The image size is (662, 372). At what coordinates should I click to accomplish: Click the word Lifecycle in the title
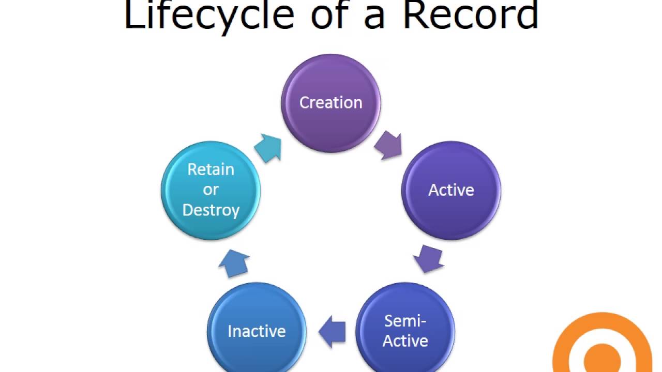click(x=209, y=15)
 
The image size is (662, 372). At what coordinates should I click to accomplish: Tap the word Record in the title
click(x=471, y=15)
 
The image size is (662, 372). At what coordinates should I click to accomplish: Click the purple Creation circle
click(x=331, y=103)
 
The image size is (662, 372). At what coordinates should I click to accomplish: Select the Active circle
click(x=451, y=191)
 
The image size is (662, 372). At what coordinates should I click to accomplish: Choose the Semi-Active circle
click(x=405, y=327)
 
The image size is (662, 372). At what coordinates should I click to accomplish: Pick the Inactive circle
click(x=257, y=327)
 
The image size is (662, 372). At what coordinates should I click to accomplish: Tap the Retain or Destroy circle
click(x=210, y=191)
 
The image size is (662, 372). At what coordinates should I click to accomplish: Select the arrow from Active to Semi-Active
click(x=429, y=259)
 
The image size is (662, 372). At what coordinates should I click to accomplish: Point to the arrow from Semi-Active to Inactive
click(x=332, y=332)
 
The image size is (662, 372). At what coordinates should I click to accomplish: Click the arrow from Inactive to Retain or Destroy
click(x=234, y=263)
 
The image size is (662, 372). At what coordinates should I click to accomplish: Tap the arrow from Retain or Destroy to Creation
click(x=268, y=148)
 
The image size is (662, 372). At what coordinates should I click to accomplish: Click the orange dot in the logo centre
click(x=602, y=359)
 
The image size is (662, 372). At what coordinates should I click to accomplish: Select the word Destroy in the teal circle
click(x=210, y=210)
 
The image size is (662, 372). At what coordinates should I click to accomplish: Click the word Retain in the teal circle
click(x=210, y=169)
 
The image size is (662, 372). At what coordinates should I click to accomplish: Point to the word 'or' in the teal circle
click(x=210, y=190)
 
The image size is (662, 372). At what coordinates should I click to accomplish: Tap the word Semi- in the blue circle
click(x=405, y=321)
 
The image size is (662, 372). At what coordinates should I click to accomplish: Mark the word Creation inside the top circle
click(x=331, y=103)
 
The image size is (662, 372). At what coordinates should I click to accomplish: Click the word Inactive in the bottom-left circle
click(x=257, y=331)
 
